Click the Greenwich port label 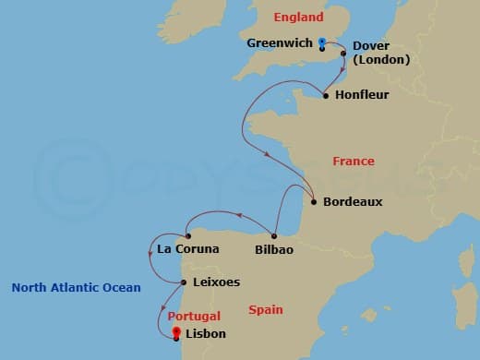pos(279,42)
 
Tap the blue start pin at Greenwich pos(321,42)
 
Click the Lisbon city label pos(205,335)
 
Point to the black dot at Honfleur pos(326,94)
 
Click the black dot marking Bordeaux pos(314,201)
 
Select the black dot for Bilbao pos(275,233)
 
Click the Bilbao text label pos(274,249)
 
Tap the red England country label pos(298,18)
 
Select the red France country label pos(354,162)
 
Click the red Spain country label pos(265,311)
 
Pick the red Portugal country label pos(195,316)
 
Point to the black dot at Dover pos(343,54)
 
